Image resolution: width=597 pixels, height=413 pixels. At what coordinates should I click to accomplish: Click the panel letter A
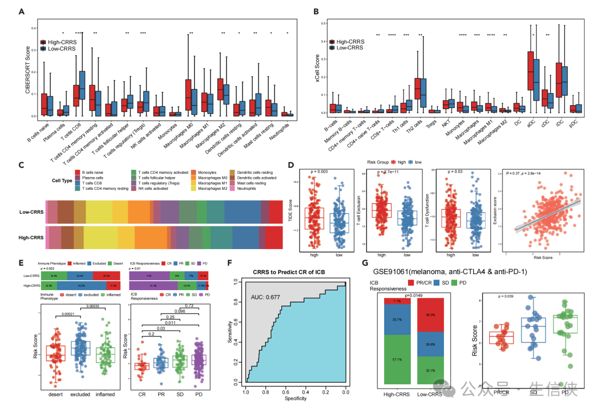[x=21, y=11]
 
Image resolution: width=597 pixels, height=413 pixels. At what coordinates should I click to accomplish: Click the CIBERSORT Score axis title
[x=27, y=72]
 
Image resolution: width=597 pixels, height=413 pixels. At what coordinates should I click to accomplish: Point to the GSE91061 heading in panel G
[x=449, y=272]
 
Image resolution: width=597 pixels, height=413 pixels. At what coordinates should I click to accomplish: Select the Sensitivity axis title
[x=230, y=332]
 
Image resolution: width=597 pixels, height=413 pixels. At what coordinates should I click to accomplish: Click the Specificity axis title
[x=296, y=397]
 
